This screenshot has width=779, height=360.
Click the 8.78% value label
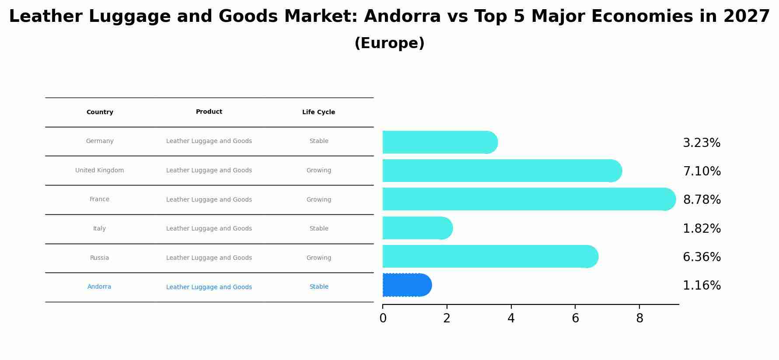click(702, 200)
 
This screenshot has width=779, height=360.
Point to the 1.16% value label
click(702, 286)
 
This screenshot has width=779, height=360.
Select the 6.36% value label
click(702, 257)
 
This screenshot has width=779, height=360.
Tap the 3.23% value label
click(701, 143)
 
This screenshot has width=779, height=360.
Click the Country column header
click(100, 112)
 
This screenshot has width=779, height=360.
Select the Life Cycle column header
click(318, 112)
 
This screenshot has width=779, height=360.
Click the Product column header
click(209, 112)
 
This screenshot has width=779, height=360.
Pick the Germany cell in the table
click(100, 141)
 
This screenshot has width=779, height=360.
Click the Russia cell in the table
click(100, 258)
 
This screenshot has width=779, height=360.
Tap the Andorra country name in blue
click(99, 287)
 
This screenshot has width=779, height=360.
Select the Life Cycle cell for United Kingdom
click(318, 171)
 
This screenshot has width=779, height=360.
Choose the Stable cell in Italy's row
click(318, 229)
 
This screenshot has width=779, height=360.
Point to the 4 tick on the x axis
click(511, 318)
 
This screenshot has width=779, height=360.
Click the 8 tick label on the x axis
click(639, 318)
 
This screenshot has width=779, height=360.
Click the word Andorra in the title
click(402, 17)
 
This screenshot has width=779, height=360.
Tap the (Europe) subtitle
click(389, 44)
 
